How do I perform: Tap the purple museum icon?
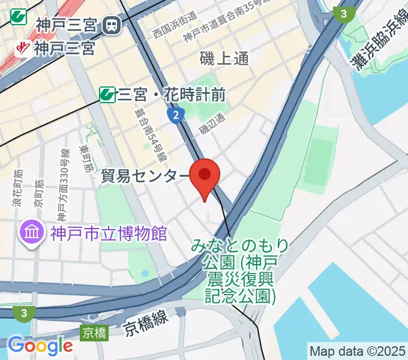pyautogui.click(x=31, y=232)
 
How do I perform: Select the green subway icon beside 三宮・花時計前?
pyautogui.click(x=107, y=94)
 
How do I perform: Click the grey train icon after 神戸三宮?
pyautogui.click(x=112, y=25)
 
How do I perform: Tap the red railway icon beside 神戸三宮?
pyautogui.click(x=24, y=47)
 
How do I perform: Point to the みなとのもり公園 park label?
pyautogui.click(x=241, y=270)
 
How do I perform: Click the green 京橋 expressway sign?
pyautogui.click(x=95, y=332)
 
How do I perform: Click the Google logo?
pyautogui.click(x=40, y=346)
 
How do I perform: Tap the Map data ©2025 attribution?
pyautogui.click(x=358, y=350)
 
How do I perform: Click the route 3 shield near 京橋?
pyautogui.click(x=23, y=313)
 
